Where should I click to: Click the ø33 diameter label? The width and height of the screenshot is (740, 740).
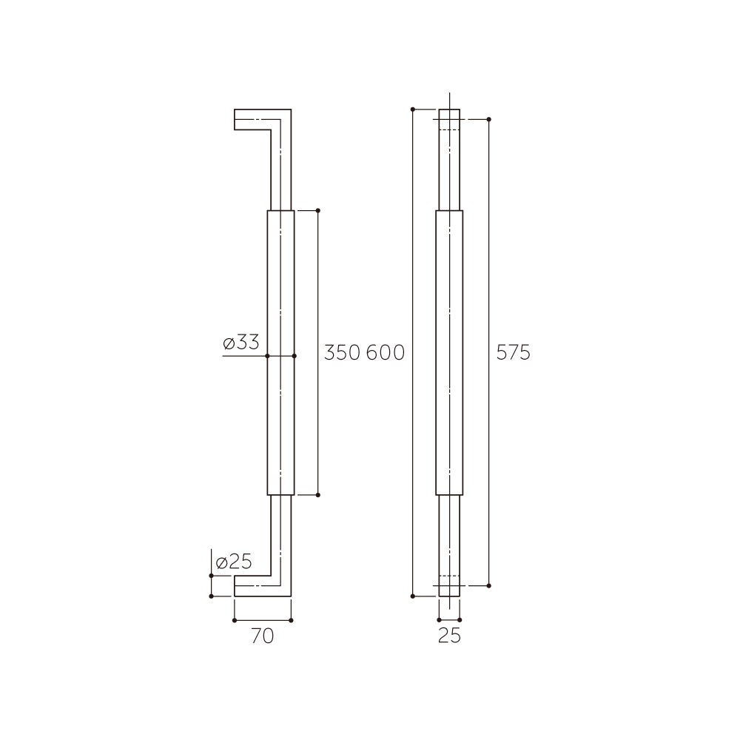click(x=241, y=343)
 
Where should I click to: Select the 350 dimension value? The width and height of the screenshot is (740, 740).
click(x=342, y=353)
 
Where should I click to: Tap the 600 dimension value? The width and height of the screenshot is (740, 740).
click(x=386, y=353)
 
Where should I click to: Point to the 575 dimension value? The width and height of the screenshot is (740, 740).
click(x=513, y=353)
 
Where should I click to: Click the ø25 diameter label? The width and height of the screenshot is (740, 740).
click(x=233, y=562)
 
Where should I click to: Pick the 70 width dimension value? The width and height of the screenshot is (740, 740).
click(x=262, y=636)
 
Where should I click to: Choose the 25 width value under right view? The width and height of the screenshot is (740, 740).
click(x=449, y=636)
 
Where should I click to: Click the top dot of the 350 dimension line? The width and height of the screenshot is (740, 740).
click(x=318, y=210)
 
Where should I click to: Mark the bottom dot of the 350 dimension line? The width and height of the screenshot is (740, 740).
click(x=318, y=495)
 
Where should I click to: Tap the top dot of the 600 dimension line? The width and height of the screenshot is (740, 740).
click(x=412, y=110)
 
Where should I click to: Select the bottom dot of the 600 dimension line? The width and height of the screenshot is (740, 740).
click(x=412, y=595)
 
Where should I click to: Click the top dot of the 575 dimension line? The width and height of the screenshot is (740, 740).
click(x=488, y=118)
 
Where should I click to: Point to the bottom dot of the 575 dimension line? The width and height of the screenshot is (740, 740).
click(x=488, y=585)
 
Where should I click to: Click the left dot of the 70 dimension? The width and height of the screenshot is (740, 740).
click(x=235, y=620)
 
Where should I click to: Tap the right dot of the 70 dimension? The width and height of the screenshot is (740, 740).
click(x=291, y=620)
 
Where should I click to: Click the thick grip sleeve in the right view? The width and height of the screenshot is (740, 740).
click(x=449, y=353)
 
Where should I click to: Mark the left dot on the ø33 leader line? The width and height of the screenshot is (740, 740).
click(x=267, y=356)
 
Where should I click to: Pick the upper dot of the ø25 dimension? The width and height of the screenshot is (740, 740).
click(x=212, y=576)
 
